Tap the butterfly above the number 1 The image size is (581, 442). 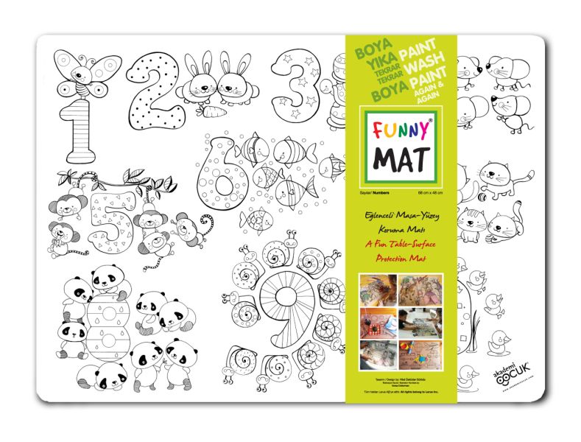tap(82, 71)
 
